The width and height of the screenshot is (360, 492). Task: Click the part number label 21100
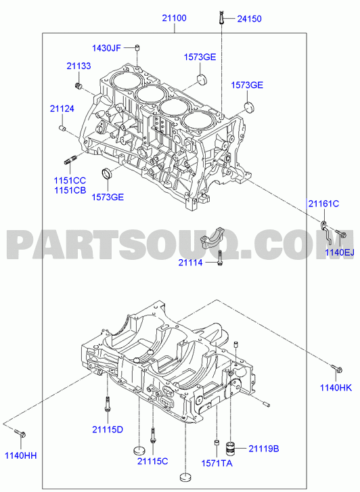(x=174, y=18)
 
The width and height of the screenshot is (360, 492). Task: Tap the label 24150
(x=249, y=19)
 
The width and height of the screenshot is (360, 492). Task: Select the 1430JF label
(x=106, y=48)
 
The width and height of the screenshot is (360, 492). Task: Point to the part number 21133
(x=78, y=66)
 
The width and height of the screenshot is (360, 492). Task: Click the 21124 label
(x=62, y=108)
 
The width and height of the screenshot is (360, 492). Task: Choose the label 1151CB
(x=70, y=190)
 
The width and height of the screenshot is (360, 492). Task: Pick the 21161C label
(x=323, y=204)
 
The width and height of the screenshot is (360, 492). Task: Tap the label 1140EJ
(x=340, y=252)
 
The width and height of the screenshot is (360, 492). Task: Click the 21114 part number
(x=191, y=263)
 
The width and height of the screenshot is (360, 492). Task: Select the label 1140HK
(x=336, y=388)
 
